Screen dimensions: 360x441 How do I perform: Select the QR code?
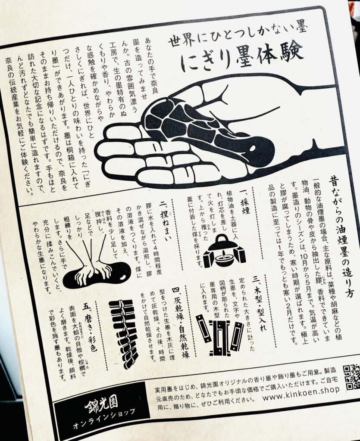[351, 376]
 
